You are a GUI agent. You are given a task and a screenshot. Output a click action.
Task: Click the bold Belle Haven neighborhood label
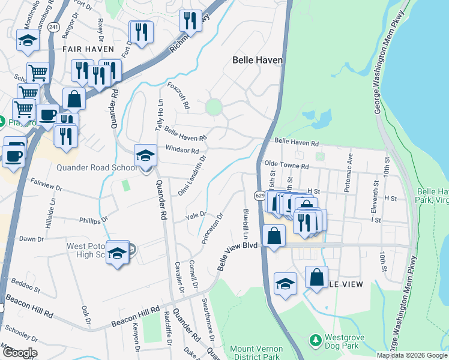(x=258, y=60)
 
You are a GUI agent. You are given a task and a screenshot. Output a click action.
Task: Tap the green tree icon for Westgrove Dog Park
(x=315, y=340)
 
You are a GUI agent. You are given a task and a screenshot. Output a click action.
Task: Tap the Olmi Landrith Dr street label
(x=192, y=176)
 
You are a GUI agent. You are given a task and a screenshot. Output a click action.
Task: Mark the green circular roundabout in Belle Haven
(x=213, y=108)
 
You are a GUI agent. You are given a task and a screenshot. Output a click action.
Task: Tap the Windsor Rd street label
(x=182, y=150)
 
